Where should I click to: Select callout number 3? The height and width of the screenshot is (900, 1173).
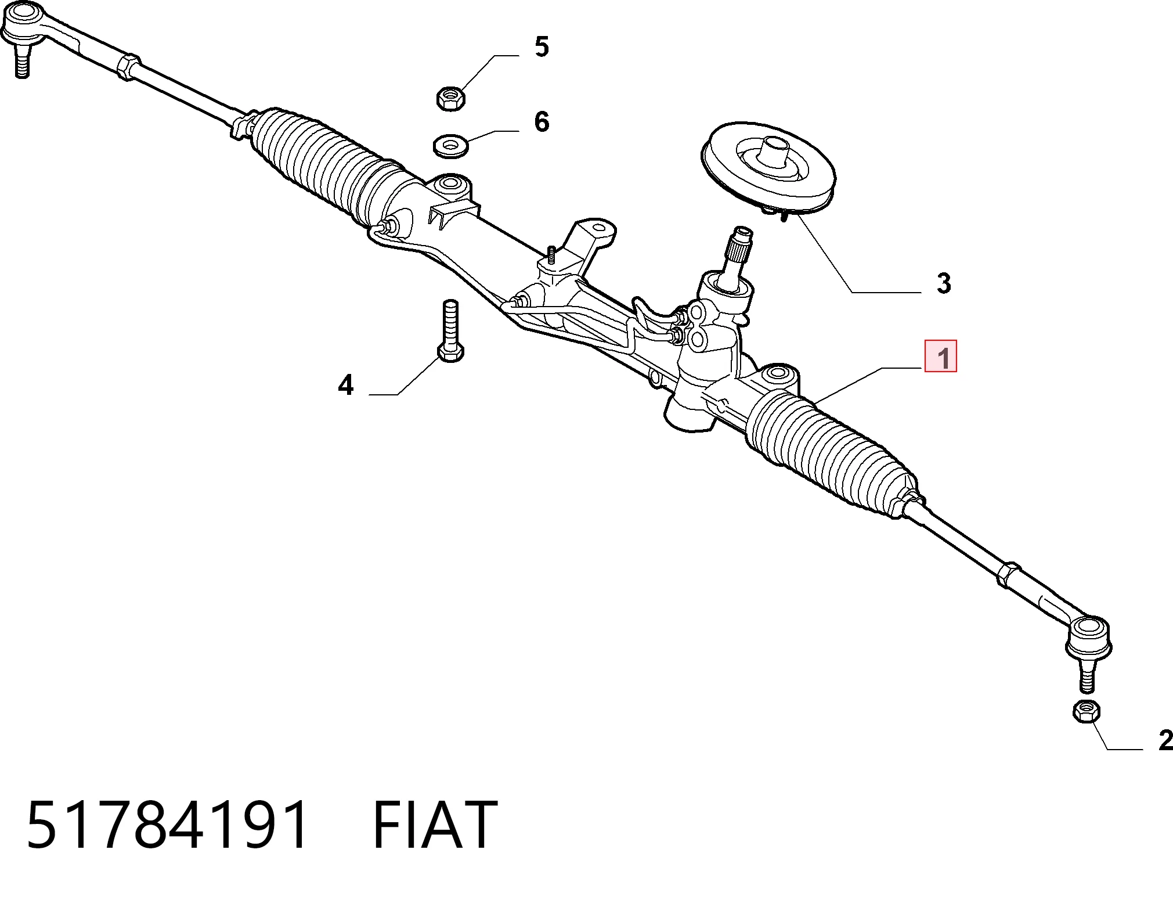[x=944, y=283]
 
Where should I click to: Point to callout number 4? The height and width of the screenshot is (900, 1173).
[x=346, y=385]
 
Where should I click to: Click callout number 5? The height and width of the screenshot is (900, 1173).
[x=542, y=46]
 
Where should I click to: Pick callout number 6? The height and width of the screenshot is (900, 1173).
[x=542, y=121]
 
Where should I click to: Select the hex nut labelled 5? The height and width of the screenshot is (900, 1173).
[x=450, y=98]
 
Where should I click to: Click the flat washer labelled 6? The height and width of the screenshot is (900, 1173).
[x=452, y=145]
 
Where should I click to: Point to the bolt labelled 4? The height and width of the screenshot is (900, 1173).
[x=450, y=330]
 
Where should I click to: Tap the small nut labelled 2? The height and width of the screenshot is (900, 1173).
[x=1087, y=711]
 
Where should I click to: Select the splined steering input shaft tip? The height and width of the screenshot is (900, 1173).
[x=740, y=246]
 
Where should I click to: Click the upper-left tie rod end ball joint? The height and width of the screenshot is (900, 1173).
[x=23, y=32]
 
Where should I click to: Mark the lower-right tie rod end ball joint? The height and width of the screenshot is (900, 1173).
[x=1088, y=645]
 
